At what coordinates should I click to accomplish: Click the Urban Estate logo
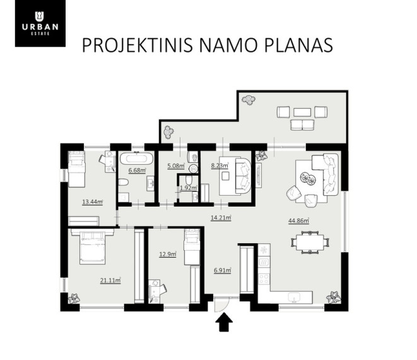click(40, 23)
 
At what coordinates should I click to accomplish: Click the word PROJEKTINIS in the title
click(138, 45)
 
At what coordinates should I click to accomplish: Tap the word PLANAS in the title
click(298, 45)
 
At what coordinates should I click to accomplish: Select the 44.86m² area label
click(298, 221)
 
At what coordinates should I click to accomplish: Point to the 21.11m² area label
click(110, 280)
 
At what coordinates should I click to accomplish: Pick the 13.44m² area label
click(92, 202)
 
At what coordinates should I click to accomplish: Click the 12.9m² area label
click(168, 255)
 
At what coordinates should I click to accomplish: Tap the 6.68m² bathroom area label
click(138, 171)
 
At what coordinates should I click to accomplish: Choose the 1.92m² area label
click(188, 188)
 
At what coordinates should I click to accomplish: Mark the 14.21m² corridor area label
click(221, 218)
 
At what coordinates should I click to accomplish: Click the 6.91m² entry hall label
click(222, 270)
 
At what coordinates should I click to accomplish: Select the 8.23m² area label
click(220, 166)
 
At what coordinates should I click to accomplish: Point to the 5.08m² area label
click(176, 166)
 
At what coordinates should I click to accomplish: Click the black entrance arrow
click(224, 322)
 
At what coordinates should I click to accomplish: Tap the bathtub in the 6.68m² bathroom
click(137, 158)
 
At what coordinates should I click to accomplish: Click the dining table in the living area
click(310, 243)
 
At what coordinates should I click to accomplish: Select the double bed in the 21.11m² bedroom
click(92, 247)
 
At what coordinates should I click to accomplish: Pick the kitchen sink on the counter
click(295, 297)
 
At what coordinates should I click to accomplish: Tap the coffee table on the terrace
click(302, 112)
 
